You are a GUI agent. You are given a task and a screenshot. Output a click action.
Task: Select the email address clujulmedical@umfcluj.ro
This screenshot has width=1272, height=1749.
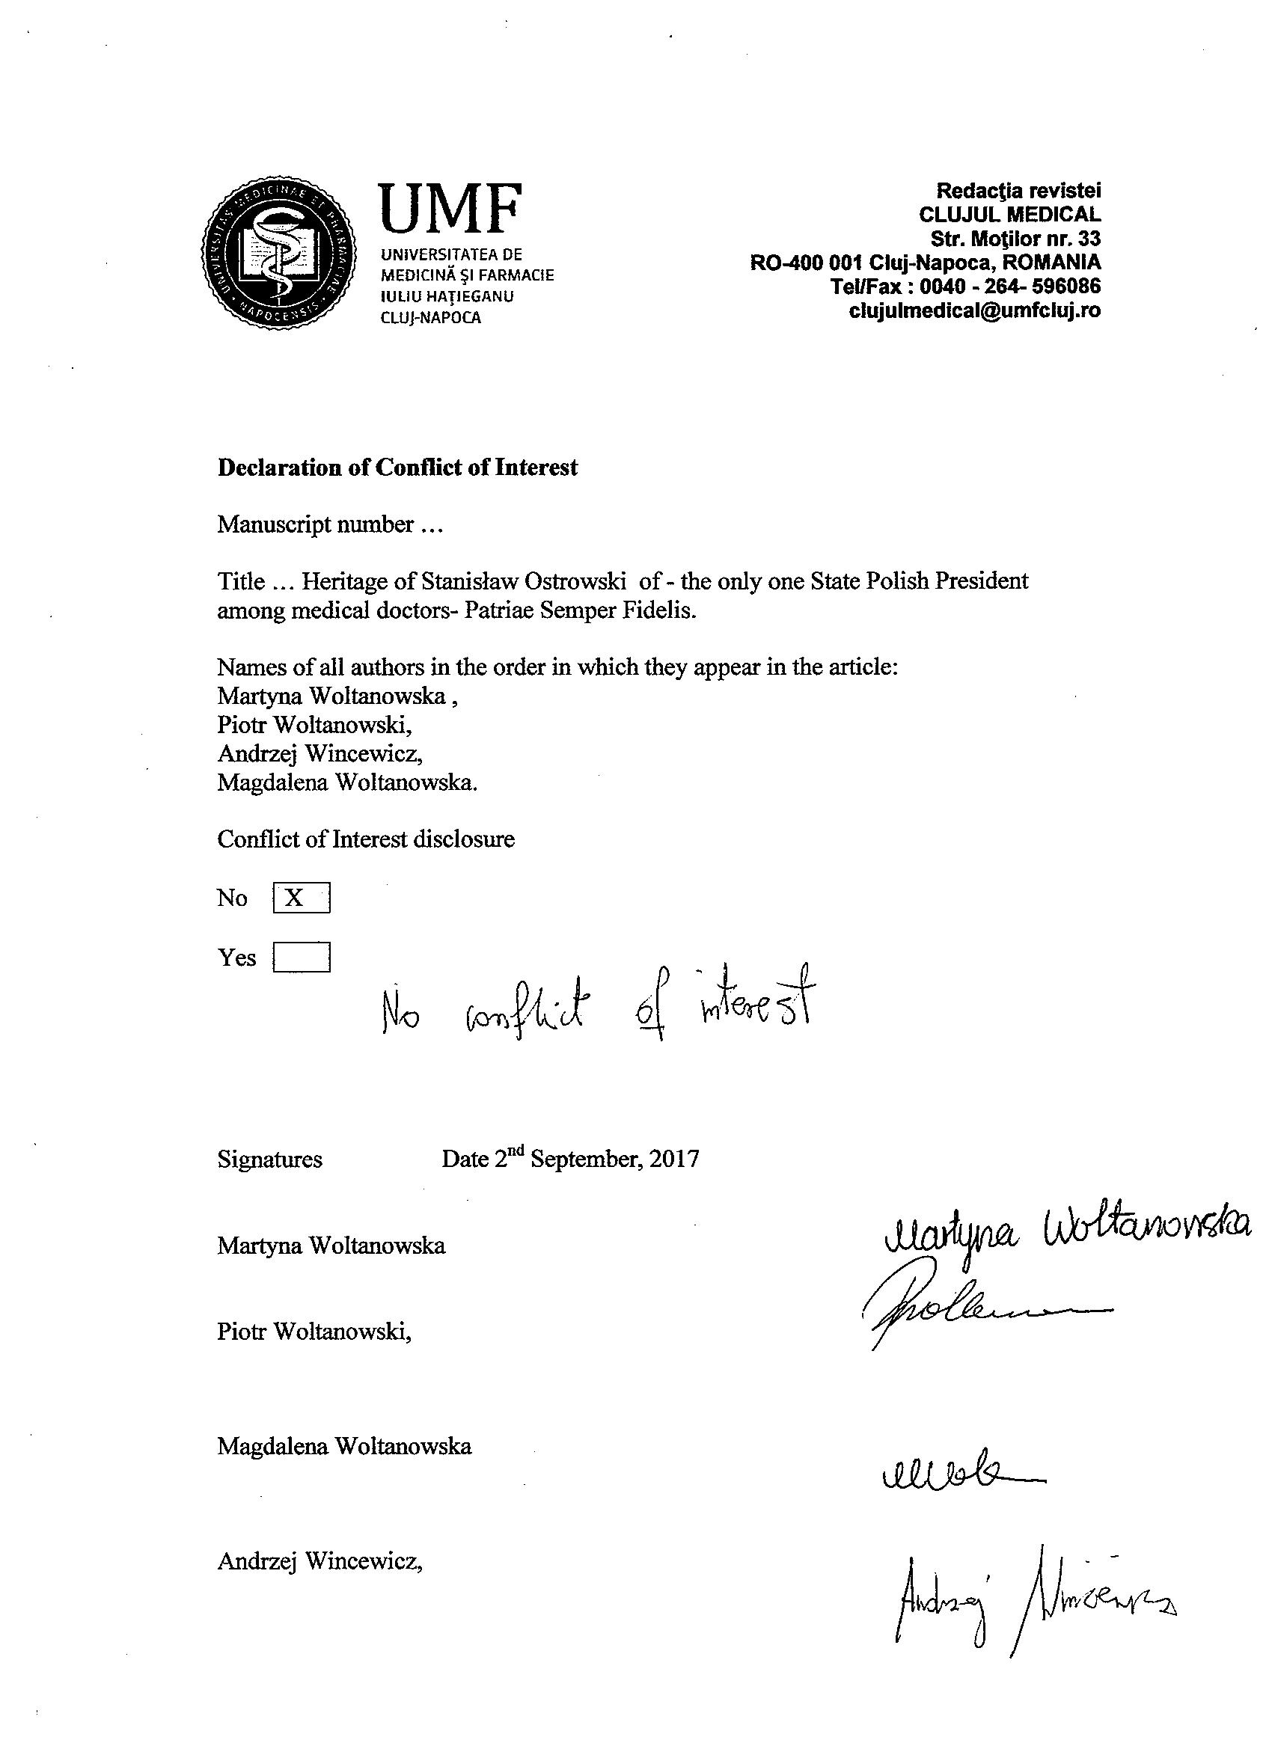pyautogui.click(x=974, y=310)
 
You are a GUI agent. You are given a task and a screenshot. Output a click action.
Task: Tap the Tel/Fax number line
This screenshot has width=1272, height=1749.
pyautogui.click(x=965, y=286)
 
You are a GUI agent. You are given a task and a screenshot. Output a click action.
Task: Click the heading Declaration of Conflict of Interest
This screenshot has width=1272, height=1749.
pyautogui.click(x=397, y=468)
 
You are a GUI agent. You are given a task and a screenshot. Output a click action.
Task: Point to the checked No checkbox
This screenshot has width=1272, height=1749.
pyautogui.click(x=301, y=898)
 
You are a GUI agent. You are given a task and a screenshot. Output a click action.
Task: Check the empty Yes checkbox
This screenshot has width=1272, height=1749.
pyautogui.click(x=301, y=957)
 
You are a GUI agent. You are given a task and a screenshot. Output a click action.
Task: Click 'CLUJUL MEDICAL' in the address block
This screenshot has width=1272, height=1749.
pyautogui.click(x=1009, y=215)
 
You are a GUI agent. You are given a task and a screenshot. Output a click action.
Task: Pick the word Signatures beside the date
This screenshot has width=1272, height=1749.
pyautogui.click(x=270, y=1160)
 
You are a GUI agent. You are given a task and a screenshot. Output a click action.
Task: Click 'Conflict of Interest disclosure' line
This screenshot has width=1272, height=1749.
pyautogui.click(x=366, y=839)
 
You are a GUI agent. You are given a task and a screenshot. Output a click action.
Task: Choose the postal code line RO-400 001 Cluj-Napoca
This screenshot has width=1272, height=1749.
pyautogui.click(x=926, y=262)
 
